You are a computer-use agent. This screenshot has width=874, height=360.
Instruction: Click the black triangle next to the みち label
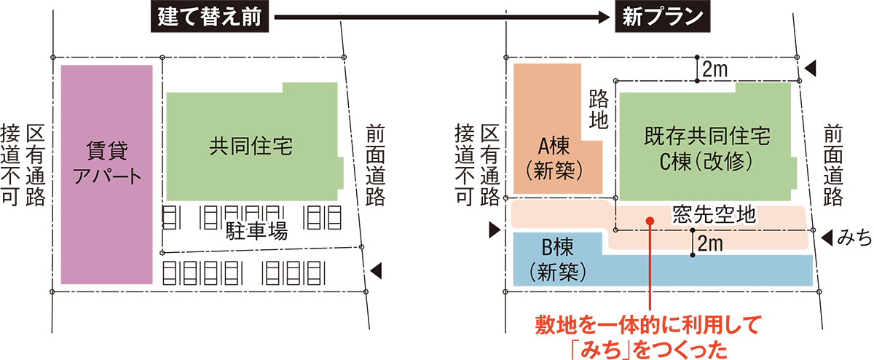point(827,237)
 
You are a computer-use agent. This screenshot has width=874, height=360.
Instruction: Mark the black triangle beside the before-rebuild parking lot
point(377,271)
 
